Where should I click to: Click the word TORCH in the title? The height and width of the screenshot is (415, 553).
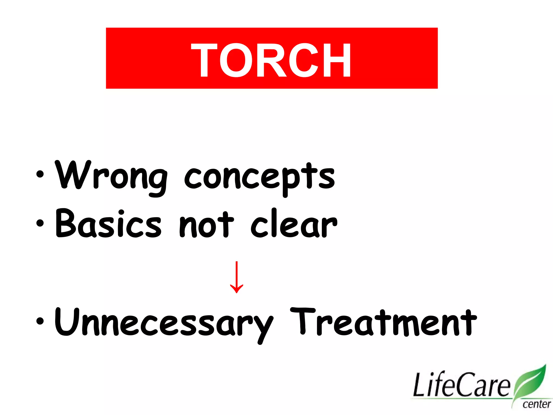pos(271,60)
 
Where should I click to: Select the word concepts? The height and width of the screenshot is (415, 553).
pos(259,177)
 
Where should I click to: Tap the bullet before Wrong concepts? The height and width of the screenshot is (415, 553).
pos(40,174)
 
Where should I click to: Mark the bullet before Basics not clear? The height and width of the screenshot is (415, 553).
pos(40,223)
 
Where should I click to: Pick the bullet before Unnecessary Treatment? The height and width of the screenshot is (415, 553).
pos(40,321)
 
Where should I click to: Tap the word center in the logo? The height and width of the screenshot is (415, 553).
pos(536,404)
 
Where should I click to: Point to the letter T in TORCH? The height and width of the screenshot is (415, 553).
pos(204,60)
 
